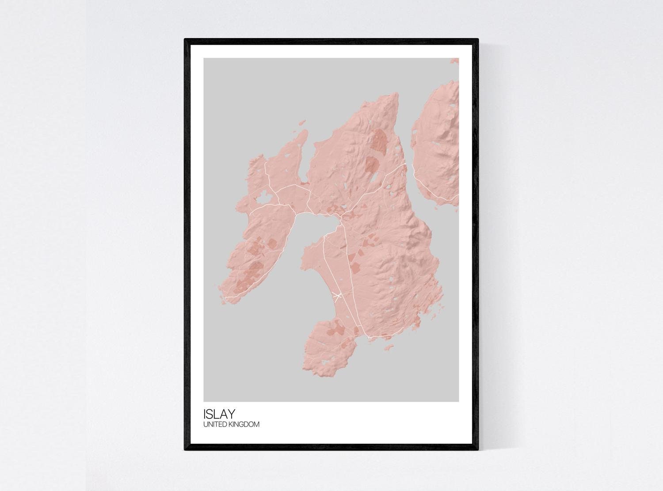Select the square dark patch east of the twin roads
click(x=355, y=266)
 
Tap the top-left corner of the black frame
click(x=186, y=40)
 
